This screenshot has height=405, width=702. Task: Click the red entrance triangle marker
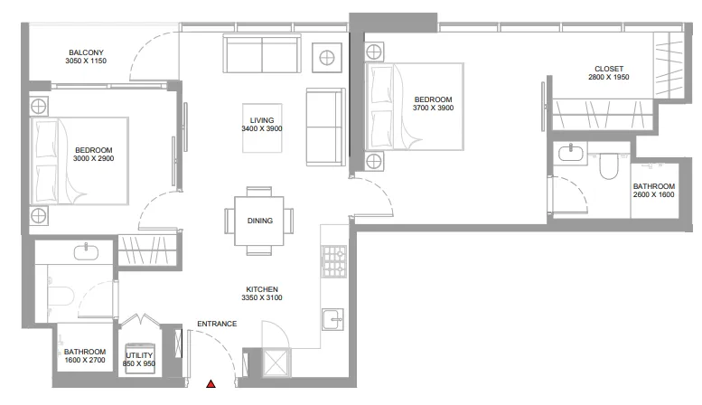[211, 384]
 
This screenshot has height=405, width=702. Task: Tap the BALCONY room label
[86, 52]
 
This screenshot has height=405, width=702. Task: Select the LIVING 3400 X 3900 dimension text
[262, 128]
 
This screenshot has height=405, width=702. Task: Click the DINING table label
[259, 221]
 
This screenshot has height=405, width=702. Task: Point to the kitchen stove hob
[334, 261]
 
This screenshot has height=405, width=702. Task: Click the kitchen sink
[332, 319]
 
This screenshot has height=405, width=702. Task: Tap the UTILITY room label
[139, 355]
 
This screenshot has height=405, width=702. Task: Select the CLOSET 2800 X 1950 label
[608, 73]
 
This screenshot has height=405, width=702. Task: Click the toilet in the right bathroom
[608, 165]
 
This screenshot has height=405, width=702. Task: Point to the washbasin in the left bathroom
[86, 251]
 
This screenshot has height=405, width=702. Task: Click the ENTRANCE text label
[217, 324]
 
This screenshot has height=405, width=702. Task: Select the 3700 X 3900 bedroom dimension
[433, 108]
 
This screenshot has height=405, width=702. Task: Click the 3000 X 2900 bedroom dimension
[94, 158]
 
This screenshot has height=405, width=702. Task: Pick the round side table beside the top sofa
[327, 57]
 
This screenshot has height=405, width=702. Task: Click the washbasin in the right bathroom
[571, 154]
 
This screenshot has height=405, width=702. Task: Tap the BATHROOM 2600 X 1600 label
[653, 191]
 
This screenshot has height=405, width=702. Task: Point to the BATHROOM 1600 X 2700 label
[85, 355]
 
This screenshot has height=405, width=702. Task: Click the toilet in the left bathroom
[60, 296]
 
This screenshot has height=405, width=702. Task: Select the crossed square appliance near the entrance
[276, 362]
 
